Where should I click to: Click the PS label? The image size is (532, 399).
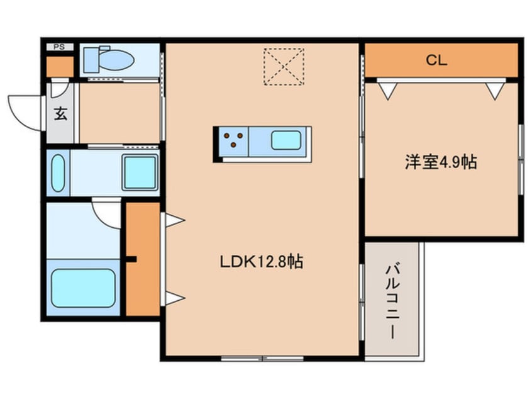pyautogui.click(x=58, y=47)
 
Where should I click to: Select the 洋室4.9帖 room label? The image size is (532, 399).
pyautogui.click(x=440, y=162)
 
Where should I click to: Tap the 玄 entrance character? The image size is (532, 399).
pyautogui.click(x=60, y=115)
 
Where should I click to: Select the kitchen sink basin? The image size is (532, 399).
pyautogui.click(x=285, y=140)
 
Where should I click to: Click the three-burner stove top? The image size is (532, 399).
pyautogui.click(x=233, y=140)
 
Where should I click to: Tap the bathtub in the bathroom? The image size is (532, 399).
pyautogui.click(x=83, y=288)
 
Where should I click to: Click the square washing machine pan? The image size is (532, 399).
pyautogui.click(x=140, y=172)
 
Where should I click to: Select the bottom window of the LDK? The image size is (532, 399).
pyautogui.click(x=263, y=358)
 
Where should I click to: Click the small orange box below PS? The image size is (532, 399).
pyautogui.click(x=60, y=66)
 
